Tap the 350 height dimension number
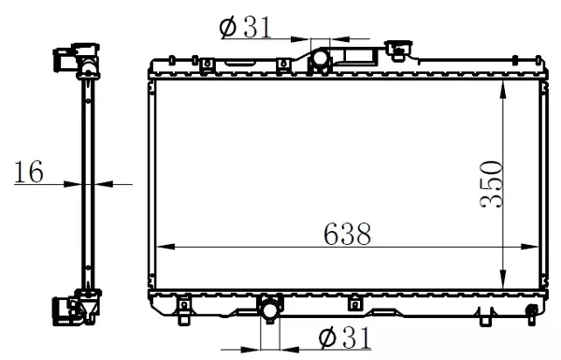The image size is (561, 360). [492, 184]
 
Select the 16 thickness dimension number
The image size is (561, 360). [29, 171]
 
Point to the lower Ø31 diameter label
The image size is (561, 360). [343, 337]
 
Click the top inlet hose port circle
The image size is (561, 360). [320, 59]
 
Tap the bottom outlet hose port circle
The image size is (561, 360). [269, 310]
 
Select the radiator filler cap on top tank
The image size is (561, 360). [400, 49]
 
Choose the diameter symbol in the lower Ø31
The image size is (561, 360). [327, 337]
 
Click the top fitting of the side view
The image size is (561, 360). [77, 60]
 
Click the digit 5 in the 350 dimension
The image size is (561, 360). [492, 184]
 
